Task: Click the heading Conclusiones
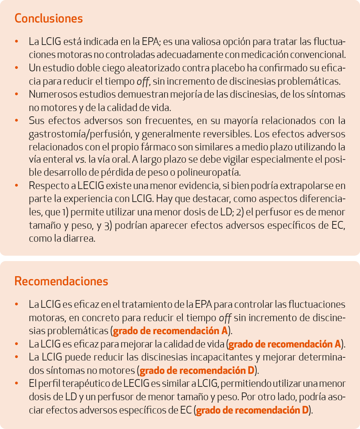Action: (x=49, y=18)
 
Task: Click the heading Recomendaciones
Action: (x=61, y=281)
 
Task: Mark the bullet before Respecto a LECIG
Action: (x=17, y=186)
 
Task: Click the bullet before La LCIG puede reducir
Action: (x=17, y=357)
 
